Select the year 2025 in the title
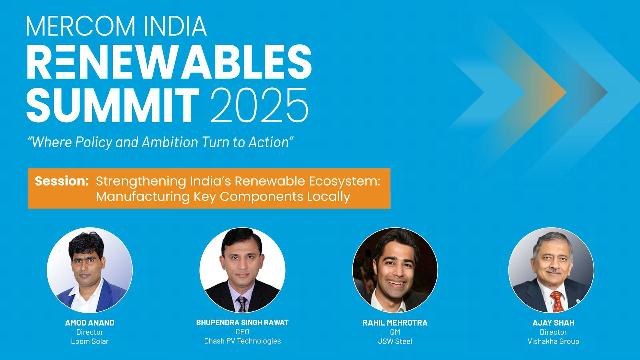coord(259,106)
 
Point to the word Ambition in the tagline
coord(170,142)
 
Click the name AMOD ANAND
coord(90,323)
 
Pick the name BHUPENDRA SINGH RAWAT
coord(242,322)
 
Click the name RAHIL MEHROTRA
coord(395,323)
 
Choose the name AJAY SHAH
coord(553,323)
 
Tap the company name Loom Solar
coord(90,341)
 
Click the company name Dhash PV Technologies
coord(242,341)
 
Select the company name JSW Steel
coord(395,341)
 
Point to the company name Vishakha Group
coord(553,341)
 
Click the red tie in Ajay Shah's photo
coord(557,301)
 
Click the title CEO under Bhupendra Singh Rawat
coord(242,332)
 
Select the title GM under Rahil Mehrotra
coord(395,332)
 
